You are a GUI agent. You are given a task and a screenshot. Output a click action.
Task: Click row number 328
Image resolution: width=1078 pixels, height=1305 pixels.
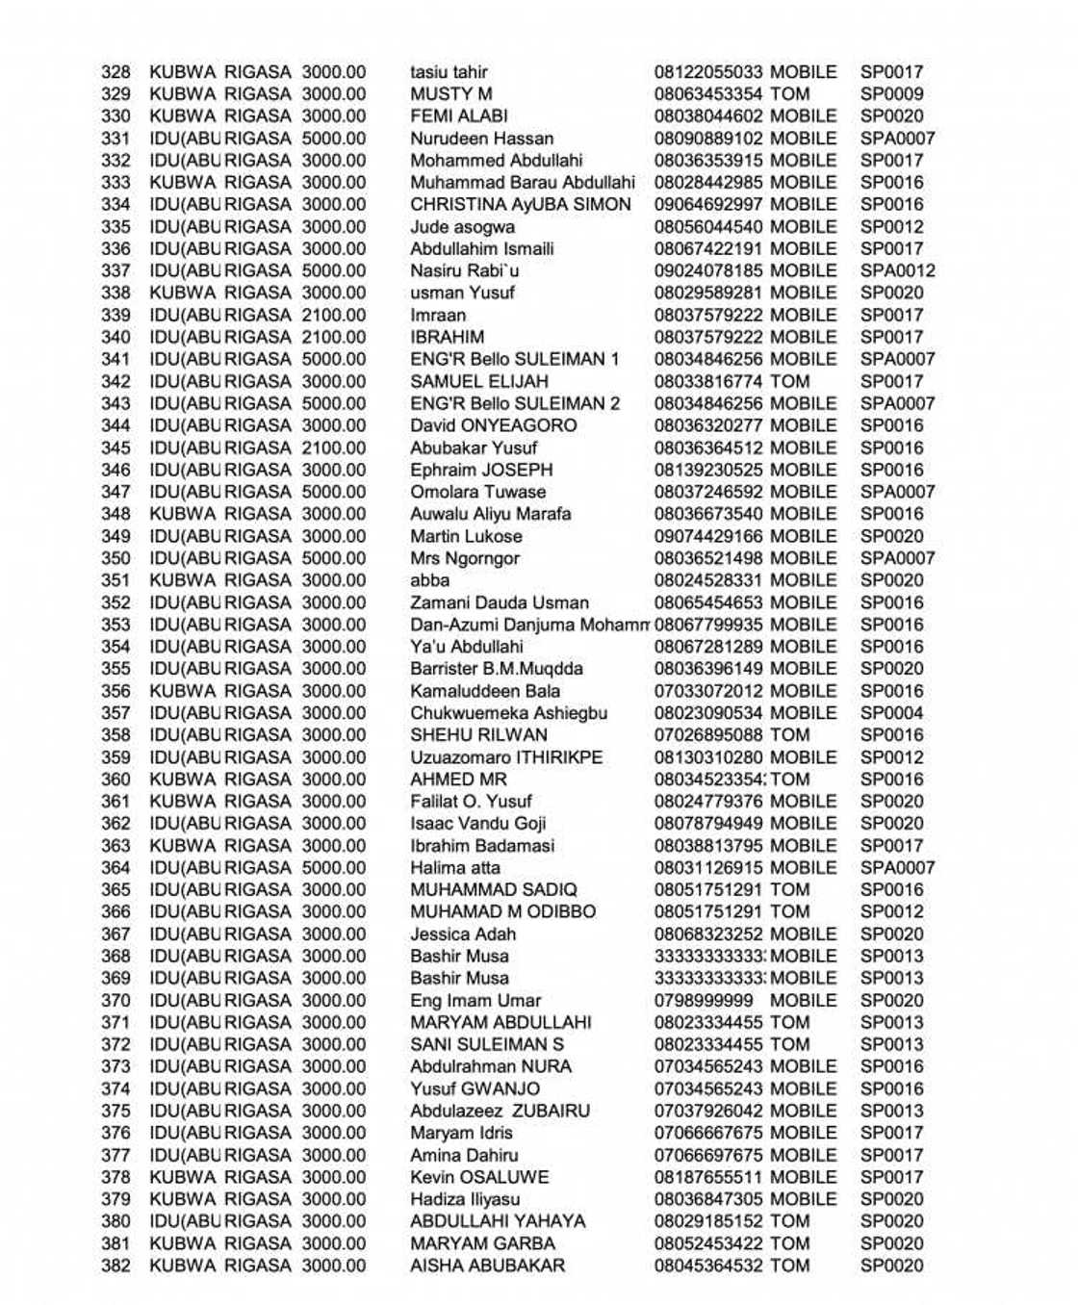(x=115, y=72)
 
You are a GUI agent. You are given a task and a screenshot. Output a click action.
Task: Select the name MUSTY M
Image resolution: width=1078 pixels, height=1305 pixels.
(x=450, y=94)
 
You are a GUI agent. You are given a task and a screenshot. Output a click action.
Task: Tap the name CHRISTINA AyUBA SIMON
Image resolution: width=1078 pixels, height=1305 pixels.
(x=520, y=205)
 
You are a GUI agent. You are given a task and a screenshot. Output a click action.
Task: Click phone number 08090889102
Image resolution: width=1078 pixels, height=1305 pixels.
(x=708, y=139)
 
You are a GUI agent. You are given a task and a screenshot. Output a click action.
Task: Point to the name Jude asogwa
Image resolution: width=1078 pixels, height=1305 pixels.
(x=462, y=227)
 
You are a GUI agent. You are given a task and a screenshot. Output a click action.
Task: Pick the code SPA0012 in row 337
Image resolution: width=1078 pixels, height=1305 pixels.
(x=897, y=271)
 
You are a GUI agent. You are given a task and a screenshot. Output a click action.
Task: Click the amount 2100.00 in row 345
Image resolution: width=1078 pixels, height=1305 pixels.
(x=334, y=448)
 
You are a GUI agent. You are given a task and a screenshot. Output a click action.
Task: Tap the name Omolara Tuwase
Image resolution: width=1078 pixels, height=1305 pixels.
(x=477, y=493)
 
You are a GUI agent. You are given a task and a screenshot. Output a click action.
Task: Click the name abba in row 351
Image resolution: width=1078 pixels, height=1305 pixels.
(x=429, y=581)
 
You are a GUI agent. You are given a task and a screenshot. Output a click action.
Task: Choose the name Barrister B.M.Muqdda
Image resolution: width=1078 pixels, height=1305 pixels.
(x=496, y=669)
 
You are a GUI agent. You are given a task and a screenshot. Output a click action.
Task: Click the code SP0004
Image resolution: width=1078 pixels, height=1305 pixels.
(x=891, y=713)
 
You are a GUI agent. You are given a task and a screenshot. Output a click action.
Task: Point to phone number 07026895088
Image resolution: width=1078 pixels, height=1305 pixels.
(x=708, y=735)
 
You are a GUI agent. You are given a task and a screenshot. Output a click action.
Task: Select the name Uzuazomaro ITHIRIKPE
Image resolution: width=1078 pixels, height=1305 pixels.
(x=506, y=757)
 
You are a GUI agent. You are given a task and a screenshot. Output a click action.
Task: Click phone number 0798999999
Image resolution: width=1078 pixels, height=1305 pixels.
(x=704, y=1001)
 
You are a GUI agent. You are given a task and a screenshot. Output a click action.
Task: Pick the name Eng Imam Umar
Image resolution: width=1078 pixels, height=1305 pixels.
(x=475, y=1001)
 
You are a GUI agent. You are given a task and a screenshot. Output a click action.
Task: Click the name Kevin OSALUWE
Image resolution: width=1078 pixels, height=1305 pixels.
(x=479, y=1178)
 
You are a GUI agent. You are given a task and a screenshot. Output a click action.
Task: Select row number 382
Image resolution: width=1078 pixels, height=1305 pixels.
(x=115, y=1267)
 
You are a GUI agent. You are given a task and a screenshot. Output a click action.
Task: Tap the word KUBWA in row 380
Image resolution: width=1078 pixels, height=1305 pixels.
(x=183, y=1222)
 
